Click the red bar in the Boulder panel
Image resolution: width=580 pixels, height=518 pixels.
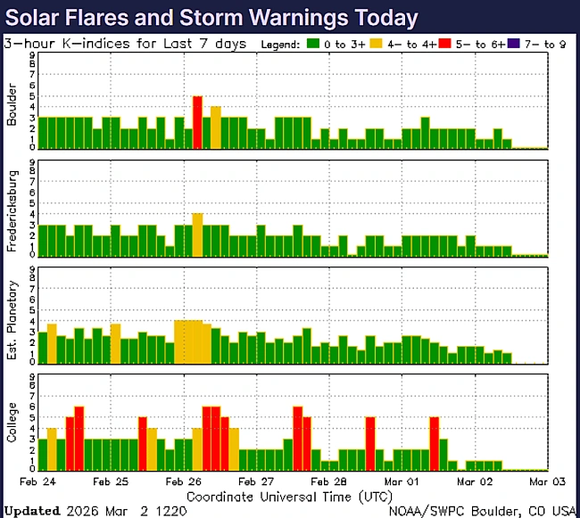[197, 122]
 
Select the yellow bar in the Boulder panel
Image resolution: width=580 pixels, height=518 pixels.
[215, 127]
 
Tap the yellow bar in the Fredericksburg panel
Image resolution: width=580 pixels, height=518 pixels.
[197, 234]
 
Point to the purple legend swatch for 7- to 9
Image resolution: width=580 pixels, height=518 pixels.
[518, 43]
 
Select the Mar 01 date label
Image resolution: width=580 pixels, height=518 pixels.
[401, 481]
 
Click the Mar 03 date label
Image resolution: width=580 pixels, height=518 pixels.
[545, 481]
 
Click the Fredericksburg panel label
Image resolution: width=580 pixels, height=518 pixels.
[12, 210]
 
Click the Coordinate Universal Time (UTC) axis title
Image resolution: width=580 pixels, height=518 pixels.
[289, 495]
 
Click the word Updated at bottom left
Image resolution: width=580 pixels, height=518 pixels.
[32, 511]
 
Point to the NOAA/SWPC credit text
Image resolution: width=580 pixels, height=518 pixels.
[482, 511]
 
